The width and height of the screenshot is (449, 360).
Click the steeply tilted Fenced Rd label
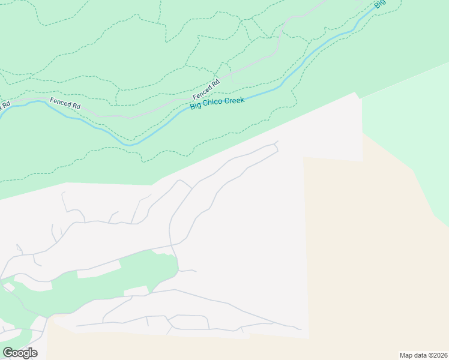[x=206, y=90]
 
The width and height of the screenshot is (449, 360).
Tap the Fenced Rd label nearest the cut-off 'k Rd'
[x=65, y=103]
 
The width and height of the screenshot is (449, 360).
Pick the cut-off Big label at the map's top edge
[x=379, y=4]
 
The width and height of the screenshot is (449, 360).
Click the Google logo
[x=20, y=353]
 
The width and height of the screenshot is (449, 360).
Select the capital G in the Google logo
[x=8, y=353]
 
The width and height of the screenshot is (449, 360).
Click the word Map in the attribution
[x=407, y=355]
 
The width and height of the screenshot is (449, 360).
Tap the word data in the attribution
[x=421, y=355]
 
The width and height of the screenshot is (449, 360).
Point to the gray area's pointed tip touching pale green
[x=357, y=94]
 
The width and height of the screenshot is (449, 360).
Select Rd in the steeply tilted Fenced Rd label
[x=215, y=82]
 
